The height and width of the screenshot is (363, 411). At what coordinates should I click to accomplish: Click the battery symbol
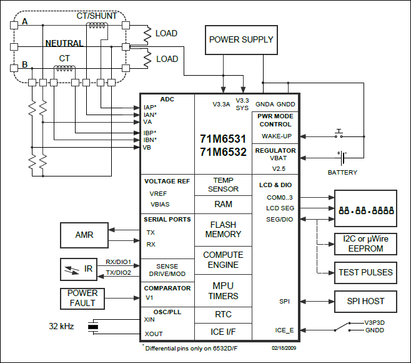342,158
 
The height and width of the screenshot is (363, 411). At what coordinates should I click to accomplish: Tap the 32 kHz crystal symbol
93,327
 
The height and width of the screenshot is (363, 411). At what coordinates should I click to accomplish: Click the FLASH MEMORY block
223,230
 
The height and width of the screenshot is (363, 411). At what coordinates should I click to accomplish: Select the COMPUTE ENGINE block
223,260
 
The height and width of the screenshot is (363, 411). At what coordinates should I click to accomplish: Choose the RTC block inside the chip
223,315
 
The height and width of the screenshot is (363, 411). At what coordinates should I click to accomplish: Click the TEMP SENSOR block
223,185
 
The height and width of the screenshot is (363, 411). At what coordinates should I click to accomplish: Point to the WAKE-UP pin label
277,136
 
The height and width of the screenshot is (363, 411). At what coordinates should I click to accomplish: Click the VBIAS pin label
160,205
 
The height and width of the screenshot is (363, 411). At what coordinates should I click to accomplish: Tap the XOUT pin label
154,334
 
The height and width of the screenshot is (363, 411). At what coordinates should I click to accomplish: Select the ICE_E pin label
284,330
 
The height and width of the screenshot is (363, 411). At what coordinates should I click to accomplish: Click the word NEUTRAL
64,43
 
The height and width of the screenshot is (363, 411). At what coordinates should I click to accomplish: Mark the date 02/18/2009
284,348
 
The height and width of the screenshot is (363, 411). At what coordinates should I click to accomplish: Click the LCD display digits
366,210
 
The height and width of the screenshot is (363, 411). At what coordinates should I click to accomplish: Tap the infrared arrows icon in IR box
72,270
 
